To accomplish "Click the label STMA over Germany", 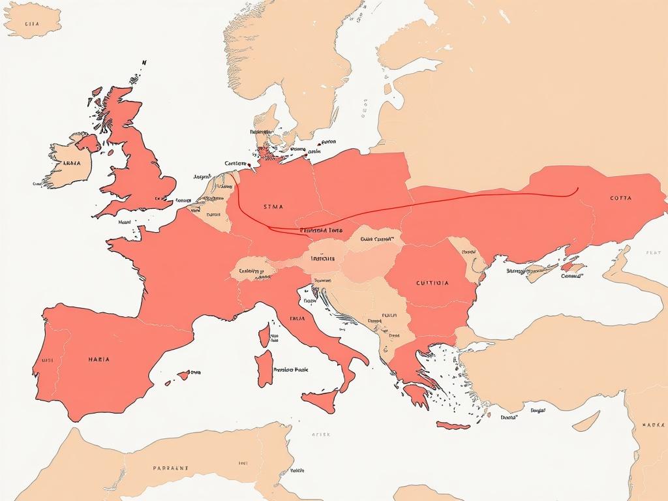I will (x=274, y=207).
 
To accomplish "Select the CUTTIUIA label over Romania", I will (x=431, y=283).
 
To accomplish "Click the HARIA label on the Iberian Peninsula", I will (x=98, y=359).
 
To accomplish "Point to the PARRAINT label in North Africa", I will (x=170, y=468).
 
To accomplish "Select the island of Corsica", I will (x=264, y=335).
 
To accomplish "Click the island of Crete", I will (x=453, y=425).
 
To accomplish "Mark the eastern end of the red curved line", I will (x=577, y=190).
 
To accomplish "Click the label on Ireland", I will (x=70, y=163).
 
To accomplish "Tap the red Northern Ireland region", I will (x=87, y=142).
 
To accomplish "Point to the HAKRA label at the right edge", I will (x=653, y=425).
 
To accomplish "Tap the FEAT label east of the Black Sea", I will (x=653, y=252).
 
